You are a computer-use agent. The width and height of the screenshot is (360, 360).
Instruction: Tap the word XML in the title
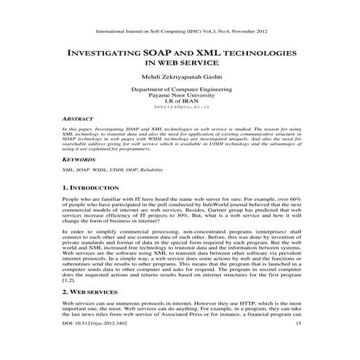(212, 54)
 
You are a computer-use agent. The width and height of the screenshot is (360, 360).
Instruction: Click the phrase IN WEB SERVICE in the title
(180, 63)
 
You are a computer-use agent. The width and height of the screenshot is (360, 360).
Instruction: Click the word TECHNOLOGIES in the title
(262, 54)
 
